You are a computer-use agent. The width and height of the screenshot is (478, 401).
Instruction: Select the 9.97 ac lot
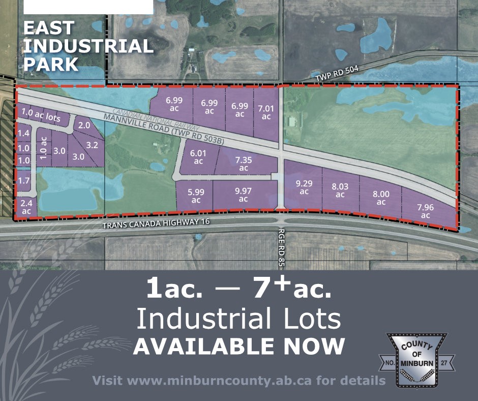[x=243, y=195]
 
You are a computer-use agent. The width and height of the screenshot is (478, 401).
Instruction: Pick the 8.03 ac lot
[x=340, y=190]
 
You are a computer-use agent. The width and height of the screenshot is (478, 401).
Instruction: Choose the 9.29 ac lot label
[x=304, y=187]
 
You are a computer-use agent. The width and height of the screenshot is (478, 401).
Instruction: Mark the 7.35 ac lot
[x=243, y=164]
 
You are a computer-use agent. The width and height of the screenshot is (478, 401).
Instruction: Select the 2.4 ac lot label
[x=26, y=208]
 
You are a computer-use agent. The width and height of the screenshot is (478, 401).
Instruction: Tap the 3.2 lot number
[x=92, y=145]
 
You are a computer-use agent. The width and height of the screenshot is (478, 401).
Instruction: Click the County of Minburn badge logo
[x=418, y=360]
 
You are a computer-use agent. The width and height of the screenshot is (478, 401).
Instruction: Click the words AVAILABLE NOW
[x=238, y=346]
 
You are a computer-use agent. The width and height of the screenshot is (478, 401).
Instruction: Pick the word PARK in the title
[x=51, y=64]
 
